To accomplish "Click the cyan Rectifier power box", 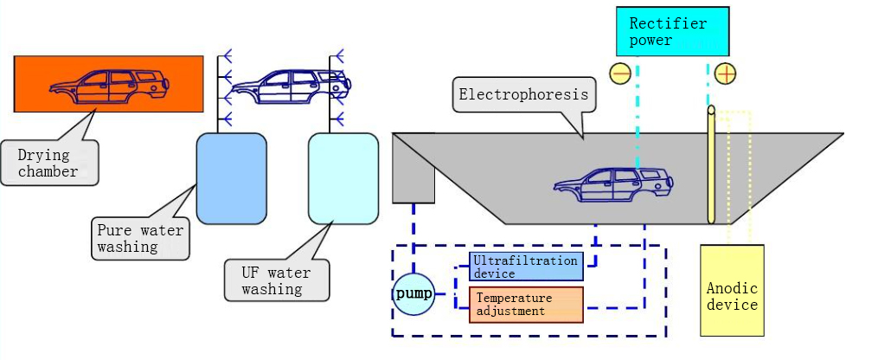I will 672,32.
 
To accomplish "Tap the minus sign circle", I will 620,74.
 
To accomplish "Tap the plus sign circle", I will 725,74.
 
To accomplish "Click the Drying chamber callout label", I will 48,163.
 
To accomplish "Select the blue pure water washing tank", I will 231,178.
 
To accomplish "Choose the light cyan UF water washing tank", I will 343,178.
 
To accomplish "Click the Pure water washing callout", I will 140,238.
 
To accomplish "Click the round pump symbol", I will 413,293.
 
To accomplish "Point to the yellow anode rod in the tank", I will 711,164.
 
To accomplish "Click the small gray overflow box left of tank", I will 413,168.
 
